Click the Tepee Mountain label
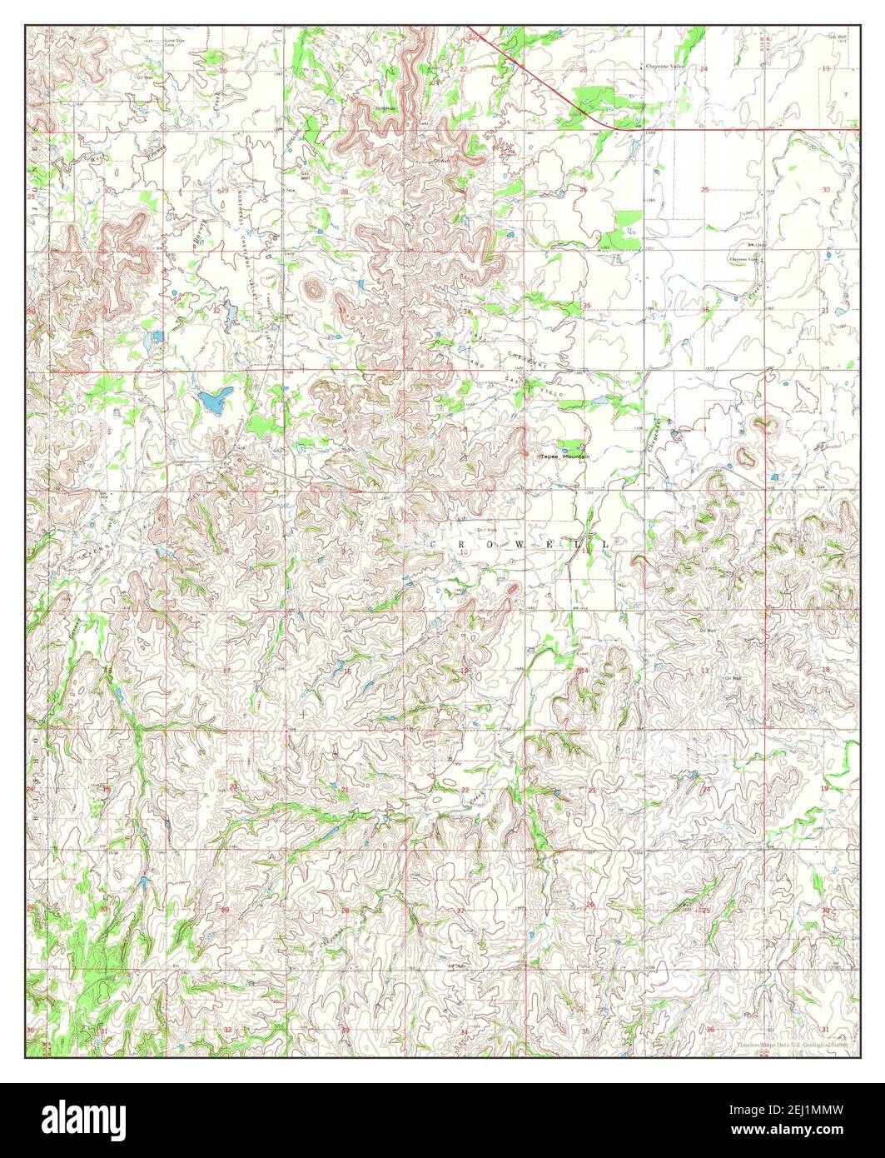tap(564, 457)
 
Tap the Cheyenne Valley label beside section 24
tap(659, 66)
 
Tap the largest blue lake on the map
tap(213, 399)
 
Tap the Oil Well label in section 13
tap(732, 678)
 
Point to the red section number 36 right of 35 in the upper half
tap(705, 310)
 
